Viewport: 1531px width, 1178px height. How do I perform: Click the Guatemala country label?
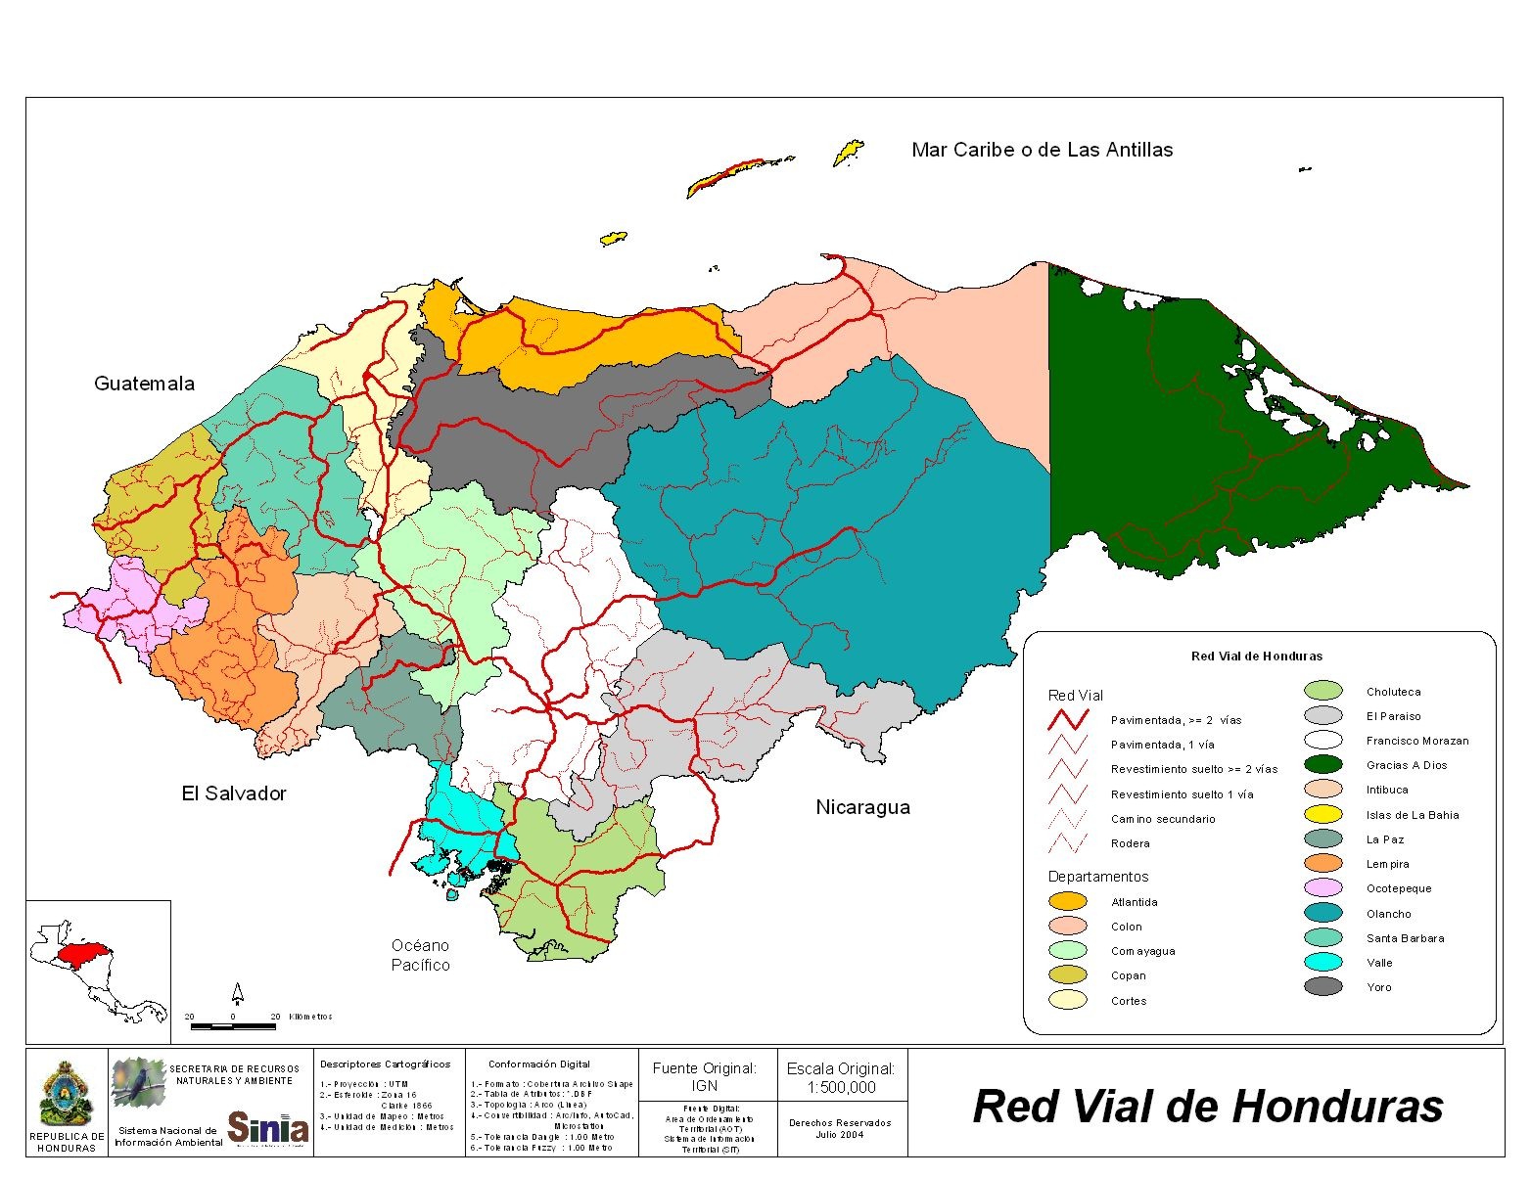click(144, 384)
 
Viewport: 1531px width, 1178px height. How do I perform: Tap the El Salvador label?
click(234, 793)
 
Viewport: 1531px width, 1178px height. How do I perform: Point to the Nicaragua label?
click(862, 807)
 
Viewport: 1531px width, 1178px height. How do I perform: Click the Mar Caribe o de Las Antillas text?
click(1042, 150)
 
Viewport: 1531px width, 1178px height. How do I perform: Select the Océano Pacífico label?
click(421, 955)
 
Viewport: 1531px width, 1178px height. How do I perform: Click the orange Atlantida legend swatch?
click(1067, 901)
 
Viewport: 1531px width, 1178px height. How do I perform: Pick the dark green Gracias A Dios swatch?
click(1322, 765)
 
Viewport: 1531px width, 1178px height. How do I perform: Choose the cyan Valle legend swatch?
click(1322, 962)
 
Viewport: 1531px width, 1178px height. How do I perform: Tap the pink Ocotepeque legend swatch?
click(1322, 888)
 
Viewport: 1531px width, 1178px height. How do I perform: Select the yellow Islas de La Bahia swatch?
click(1322, 814)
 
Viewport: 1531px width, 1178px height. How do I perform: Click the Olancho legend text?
click(1388, 914)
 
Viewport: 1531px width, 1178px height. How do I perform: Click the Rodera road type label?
click(1130, 843)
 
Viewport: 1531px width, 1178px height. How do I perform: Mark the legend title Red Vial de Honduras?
click(1256, 657)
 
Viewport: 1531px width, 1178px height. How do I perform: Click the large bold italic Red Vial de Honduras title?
click(1207, 1107)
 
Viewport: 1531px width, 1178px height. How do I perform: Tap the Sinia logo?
click(268, 1127)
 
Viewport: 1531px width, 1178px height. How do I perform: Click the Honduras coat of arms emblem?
click(67, 1093)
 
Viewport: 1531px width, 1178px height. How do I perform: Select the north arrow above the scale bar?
click(237, 994)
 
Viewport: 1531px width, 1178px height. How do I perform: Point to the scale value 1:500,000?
click(841, 1087)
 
